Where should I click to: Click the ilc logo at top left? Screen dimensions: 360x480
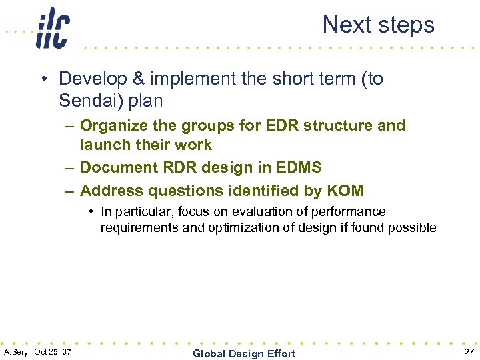click(x=52, y=28)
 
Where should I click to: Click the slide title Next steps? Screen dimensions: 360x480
click(x=378, y=25)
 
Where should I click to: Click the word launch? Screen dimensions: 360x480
click(x=104, y=145)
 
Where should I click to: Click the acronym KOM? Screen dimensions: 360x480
click(x=345, y=191)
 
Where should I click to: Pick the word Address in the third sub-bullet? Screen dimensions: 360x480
click(x=109, y=191)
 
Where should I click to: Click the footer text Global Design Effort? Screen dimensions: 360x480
click(x=243, y=353)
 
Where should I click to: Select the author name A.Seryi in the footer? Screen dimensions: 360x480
click(x=17, y=351)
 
